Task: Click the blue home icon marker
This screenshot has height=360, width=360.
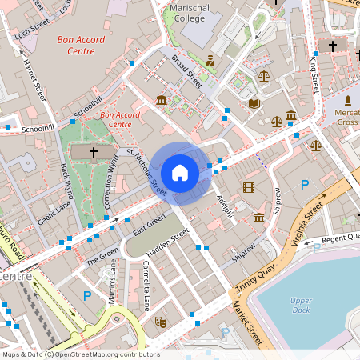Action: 180,172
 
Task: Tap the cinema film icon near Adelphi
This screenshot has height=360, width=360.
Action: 248,188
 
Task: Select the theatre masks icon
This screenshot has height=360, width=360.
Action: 160,321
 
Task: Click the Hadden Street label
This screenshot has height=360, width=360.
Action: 168,242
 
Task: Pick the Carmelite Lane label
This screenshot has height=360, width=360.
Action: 146,289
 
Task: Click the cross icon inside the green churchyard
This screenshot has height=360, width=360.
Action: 93,151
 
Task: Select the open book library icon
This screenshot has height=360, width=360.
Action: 254,103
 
